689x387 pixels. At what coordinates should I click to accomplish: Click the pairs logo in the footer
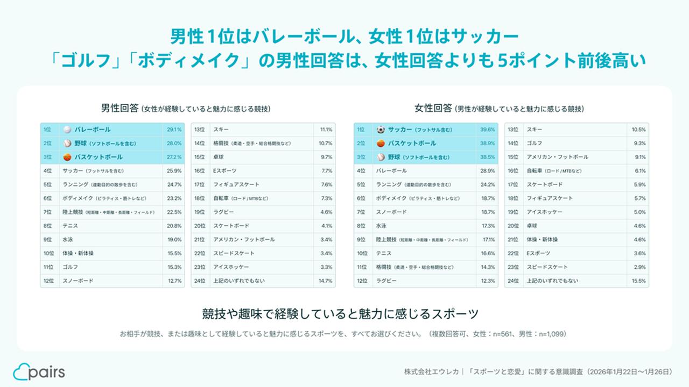(39, 371)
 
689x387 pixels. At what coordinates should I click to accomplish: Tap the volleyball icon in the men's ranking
(67, 130)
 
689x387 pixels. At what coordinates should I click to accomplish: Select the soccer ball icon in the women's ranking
(381, 130)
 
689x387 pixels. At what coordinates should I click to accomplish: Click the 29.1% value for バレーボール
(174, 130)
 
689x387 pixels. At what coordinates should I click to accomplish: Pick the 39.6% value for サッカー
(487, 130)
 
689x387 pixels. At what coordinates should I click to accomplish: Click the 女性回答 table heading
(433, 108)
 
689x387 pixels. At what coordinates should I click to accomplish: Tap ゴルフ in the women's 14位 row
(535, 144)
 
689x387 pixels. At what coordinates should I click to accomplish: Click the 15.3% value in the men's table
(174, 267)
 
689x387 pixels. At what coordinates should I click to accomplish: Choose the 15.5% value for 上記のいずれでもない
(638, 281)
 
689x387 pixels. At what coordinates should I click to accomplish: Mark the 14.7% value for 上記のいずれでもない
(326, 281)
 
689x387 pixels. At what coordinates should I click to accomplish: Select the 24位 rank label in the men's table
(200, 281)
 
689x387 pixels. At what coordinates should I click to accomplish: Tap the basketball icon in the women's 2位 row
(381, 144)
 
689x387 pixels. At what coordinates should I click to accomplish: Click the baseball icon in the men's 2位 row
(67, 144)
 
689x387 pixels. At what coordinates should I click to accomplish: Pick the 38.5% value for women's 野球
(487, 157)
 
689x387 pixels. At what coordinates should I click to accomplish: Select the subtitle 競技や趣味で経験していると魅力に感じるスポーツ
(340, 313)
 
